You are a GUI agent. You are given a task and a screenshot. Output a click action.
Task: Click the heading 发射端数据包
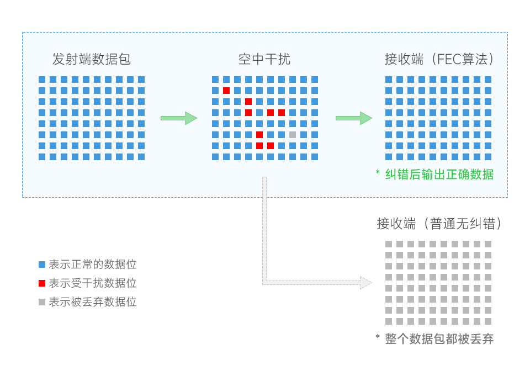(92, 59)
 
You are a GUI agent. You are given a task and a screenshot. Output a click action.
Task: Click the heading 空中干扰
(264, 59)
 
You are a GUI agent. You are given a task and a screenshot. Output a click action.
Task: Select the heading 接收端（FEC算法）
(438, 59)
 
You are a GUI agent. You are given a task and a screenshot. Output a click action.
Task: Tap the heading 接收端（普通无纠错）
(438, 224)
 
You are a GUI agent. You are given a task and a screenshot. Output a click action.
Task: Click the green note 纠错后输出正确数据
(439, 174)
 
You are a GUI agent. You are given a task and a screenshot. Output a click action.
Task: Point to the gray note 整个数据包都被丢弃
(439, 339)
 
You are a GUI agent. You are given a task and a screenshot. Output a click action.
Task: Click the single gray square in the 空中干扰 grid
(293, 135)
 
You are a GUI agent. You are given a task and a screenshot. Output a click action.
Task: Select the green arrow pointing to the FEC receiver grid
(354, 118)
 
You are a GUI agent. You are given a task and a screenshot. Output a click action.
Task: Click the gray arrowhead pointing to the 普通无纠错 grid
(365, 283)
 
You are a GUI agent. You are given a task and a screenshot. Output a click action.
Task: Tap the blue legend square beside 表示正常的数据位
(42, 264)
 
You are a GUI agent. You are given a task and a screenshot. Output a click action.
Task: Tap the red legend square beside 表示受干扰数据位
(42, 283)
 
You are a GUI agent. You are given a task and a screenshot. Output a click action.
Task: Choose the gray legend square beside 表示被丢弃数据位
(42, 302)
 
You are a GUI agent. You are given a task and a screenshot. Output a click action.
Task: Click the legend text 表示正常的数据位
(93, 264)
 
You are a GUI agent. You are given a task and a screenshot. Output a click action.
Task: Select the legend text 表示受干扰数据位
(93, 283)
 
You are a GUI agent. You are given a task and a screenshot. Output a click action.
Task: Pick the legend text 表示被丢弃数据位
(93, 302)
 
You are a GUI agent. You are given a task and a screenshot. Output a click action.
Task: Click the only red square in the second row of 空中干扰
(226, 91)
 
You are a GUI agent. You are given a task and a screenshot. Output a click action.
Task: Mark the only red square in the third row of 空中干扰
(248, 102)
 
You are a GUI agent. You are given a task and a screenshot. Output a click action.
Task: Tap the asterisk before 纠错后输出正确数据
(378, 173)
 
